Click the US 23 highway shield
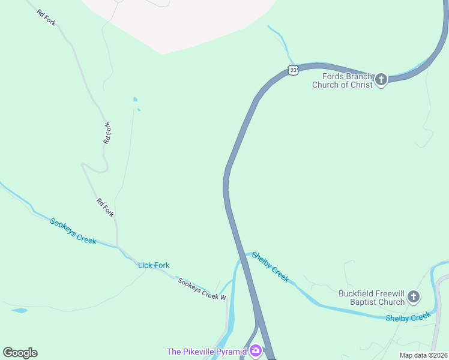(293, 70)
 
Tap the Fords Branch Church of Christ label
(342, 80)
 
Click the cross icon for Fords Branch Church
(381, 79)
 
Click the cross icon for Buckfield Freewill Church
(413, 296)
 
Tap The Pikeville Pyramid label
(207, 351)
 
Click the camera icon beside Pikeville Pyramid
(256, 350)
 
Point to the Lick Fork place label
(154, 265)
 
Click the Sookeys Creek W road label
(202, 289)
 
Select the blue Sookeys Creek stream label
(73, 231)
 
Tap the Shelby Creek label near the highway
(270, 267)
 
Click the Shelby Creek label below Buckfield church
(408, 317)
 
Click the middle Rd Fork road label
(107, 133)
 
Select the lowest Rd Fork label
(105, 208)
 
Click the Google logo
(20, 353)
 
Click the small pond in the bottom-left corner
(19, 310)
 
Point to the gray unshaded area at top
(180, 21)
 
